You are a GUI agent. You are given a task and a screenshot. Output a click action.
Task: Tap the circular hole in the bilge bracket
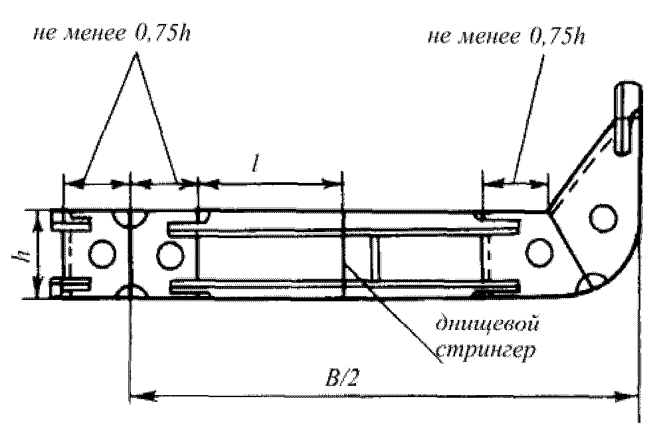(x=603, y=217)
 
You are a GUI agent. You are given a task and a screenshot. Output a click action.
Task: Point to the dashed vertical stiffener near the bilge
(x=486, y=259)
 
